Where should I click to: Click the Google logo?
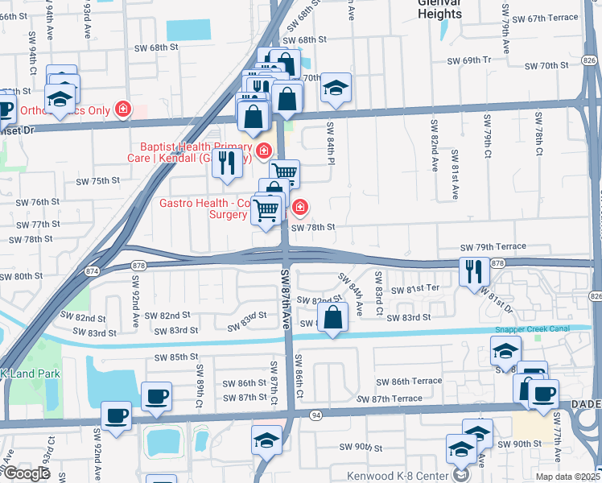(26, 473)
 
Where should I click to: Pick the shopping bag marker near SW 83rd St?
(333, 318)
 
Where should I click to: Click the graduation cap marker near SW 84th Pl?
(336, 88)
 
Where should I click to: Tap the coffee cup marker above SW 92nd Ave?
(117, 416)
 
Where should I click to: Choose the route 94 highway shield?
(315, 414)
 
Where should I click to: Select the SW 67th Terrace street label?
(544, 18)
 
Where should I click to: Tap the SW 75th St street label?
(97, 182)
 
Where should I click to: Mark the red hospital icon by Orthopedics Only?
(123, 109)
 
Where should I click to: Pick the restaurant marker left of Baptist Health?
(227, 163)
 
